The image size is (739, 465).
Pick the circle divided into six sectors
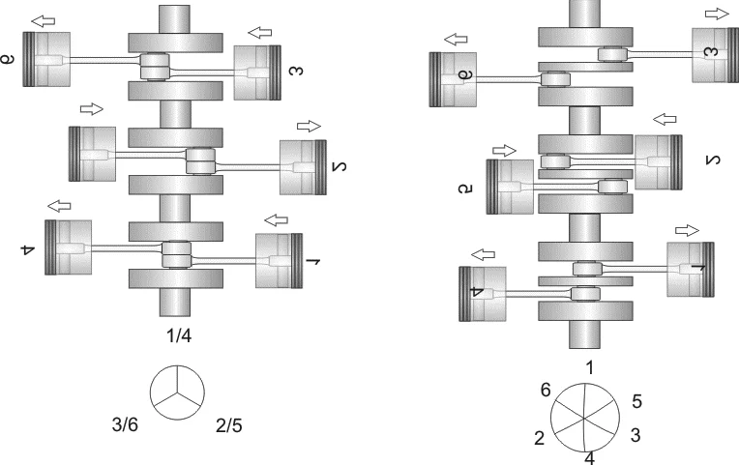click(586, 418)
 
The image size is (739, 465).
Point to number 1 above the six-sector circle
click(590, 367)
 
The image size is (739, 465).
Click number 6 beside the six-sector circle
click(547, 390)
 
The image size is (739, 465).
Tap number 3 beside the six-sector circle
click(635, 435)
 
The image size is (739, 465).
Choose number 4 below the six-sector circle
click(590, 457)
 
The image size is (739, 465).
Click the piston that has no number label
click(93, 153)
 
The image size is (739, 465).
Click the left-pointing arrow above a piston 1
click(278, 218)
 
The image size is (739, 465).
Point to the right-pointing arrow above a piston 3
click(718, 13)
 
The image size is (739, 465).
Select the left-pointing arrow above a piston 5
click(665, 119)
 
